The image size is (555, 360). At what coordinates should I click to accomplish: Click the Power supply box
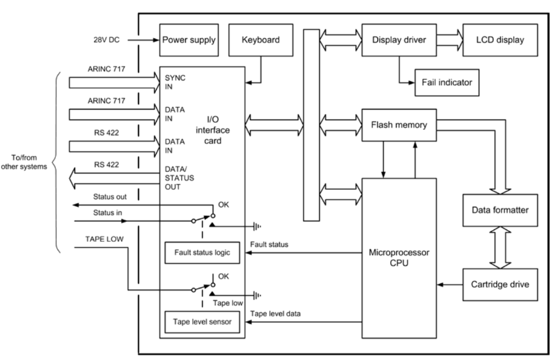[x=189, y=40]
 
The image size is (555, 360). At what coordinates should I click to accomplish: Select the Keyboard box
[x=260, y=40]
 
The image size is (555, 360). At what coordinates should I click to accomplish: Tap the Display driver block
[x=399, y=40]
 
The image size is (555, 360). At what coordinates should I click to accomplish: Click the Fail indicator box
[x=446, y=83]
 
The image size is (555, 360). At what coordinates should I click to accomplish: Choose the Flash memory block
[x=399, y=124]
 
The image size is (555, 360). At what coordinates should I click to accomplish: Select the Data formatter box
[x=496, y=210]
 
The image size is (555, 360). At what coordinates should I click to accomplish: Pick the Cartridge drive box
[x=496, y=285]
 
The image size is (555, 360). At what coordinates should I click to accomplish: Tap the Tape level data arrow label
[x=276, y=313]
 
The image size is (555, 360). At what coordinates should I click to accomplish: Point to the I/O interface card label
[x=225, y=128]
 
